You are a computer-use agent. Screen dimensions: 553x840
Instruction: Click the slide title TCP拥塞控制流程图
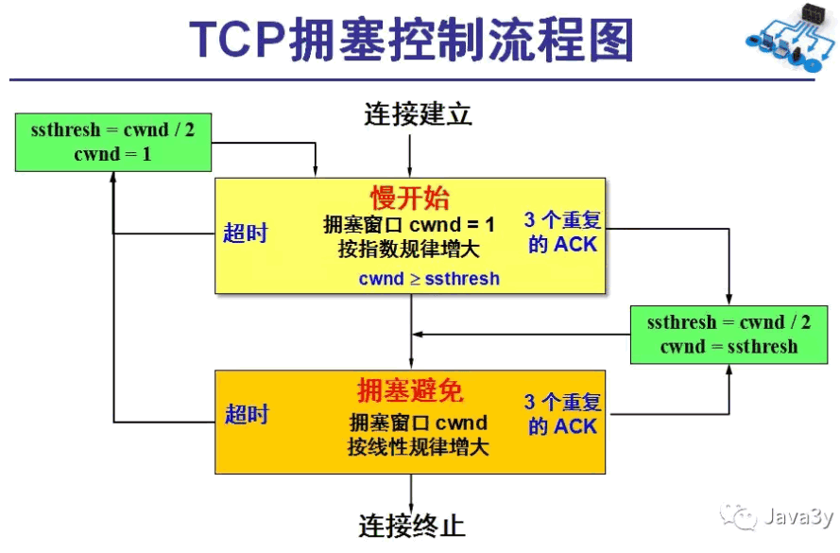412,40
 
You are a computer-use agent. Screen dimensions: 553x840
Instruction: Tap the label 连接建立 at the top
418,114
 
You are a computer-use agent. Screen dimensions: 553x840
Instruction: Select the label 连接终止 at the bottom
412,526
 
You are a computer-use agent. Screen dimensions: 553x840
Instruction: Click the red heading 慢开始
410,199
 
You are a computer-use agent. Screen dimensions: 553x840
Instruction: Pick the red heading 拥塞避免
410,390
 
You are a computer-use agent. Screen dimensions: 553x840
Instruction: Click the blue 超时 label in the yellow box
246,233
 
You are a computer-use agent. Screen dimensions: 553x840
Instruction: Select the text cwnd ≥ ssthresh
429,279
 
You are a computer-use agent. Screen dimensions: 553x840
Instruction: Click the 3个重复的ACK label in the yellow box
563,232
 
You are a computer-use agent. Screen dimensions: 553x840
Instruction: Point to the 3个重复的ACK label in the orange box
563,414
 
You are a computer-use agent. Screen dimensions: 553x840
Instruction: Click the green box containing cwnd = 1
113,142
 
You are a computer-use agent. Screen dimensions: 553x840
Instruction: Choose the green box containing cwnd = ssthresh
729,335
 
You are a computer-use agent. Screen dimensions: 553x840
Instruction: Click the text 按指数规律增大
409,251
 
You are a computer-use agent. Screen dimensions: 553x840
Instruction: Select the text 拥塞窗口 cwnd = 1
409,225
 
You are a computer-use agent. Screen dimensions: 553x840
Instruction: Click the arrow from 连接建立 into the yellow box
410,155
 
